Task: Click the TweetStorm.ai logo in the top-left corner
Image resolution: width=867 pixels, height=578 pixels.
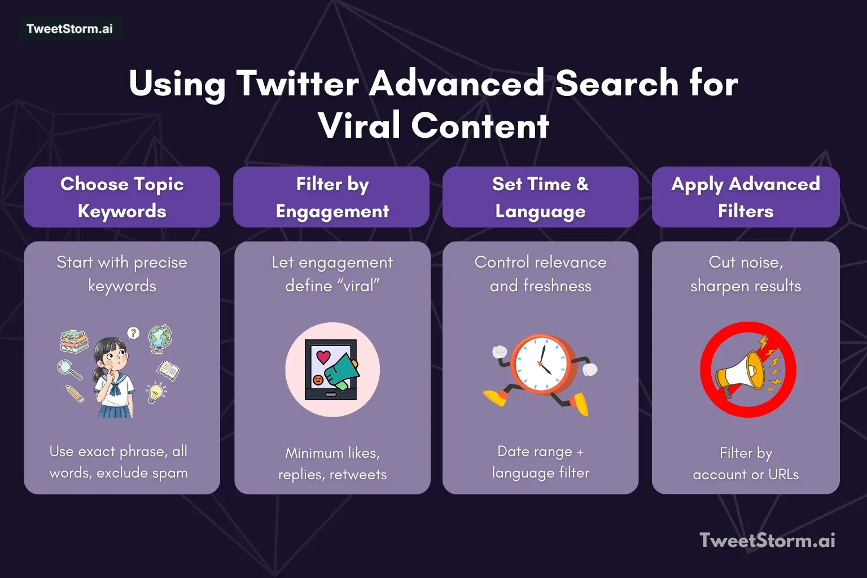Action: tap(69, 29)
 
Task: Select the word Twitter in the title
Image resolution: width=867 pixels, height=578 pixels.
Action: tap(297, 84)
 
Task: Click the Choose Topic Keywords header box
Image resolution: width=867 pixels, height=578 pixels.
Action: tap(122, 197)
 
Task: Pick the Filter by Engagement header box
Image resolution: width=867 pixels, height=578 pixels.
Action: tap(332, 197)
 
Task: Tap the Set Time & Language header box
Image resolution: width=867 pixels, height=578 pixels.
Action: tap(540, 197)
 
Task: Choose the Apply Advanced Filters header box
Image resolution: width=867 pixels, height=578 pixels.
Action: tap(745, 197)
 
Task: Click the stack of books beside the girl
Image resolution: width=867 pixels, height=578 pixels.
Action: tap(75, 341)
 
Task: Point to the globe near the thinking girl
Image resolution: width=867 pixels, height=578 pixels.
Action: tap(160, 338)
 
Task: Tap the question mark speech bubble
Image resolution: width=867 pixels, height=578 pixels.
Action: tap(133, 333)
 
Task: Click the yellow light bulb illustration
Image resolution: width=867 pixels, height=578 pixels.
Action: tap(155, 392)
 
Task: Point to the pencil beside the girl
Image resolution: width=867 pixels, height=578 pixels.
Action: tap(74, 393)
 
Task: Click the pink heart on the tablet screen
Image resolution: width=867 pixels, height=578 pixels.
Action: tap(323, 356)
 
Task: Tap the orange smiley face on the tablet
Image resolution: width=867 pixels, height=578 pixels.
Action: tap(318, 380)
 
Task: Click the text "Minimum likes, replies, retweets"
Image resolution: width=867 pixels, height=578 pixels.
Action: tap(332, 463)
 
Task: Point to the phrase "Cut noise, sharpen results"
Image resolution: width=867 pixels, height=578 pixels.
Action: tap(745, 274)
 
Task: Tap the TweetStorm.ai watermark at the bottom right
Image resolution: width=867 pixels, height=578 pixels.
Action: tap(767, 540)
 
